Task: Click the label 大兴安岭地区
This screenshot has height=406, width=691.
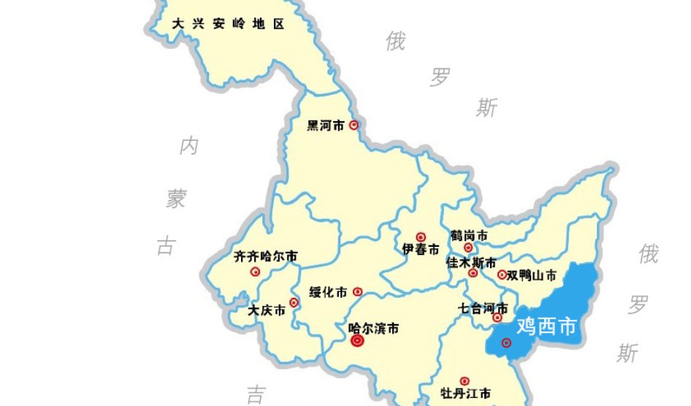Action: tap(227, 24)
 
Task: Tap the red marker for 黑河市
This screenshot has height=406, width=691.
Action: tap(354, 125)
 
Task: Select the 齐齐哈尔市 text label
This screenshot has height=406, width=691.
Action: tap(266, 256)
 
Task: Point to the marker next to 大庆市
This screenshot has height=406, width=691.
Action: tap(294, 302)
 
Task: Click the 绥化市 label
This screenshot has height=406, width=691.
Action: tap(328, 292)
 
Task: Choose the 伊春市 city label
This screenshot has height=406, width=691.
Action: tap(421, 250)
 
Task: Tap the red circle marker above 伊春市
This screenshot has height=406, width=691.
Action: tap(421, 237)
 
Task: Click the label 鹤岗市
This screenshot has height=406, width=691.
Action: tap(469, 236)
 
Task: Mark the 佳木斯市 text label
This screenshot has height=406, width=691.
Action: tap(471, 262)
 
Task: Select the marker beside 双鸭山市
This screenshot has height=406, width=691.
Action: tap(502, 275)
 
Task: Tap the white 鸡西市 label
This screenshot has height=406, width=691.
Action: tap(546, 326)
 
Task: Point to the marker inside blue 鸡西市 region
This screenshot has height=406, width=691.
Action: tap(506, 342)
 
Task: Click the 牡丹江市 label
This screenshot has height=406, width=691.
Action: tap(466, 394)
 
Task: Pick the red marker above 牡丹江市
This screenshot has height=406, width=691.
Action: tap(465, 380)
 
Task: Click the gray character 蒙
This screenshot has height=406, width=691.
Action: tap(175, 199)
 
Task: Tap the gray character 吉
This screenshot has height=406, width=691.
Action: tap(255, 395)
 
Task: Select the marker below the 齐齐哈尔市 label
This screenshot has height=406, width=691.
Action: tap(255, 272)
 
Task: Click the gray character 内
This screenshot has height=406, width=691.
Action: tap(188, 147)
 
